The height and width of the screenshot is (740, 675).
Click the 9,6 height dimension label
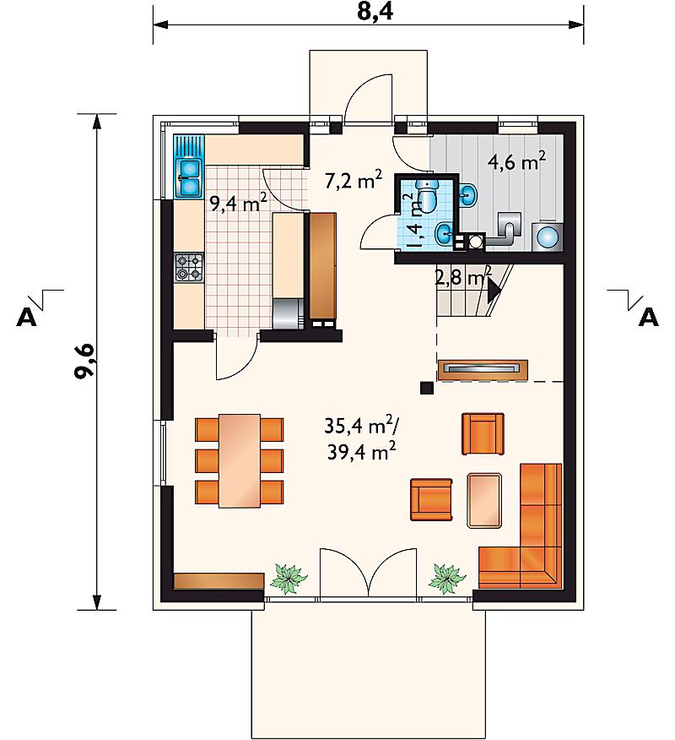(85, 361)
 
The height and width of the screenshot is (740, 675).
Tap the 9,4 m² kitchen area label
(239, 204)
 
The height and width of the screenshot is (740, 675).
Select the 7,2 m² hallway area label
(353, 180)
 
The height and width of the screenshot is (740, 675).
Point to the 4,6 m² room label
(517, 162)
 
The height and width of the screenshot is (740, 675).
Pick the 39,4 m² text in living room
(361, 452)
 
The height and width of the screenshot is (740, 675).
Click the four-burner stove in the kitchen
(189, 267)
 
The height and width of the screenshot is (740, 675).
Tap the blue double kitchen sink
(188, 178)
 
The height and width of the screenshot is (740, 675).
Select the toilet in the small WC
(427, 196)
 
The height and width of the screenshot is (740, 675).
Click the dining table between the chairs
(240, 460)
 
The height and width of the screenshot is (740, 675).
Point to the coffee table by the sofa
(484, 500)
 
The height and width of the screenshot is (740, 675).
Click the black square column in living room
(427, 388)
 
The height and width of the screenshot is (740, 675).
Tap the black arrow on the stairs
(493, 291)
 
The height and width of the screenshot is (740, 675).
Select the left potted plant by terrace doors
(288, 578)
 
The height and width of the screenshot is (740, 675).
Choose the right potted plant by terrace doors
(447, 578)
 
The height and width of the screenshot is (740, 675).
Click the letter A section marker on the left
(26, 317)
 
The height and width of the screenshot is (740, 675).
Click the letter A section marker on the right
(648, 317)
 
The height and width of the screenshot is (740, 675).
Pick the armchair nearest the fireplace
(483, 433)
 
